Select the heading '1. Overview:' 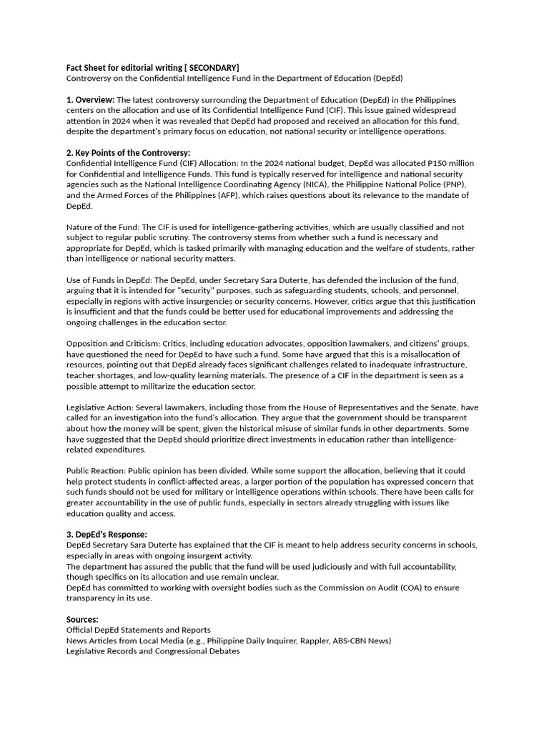click(x=90, y=99)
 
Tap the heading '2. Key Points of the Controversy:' click(x=128, y=153)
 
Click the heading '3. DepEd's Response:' click(x=107, y=535)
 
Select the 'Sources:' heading click(x=82, y=619)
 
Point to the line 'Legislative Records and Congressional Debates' click(x=153, y=651)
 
